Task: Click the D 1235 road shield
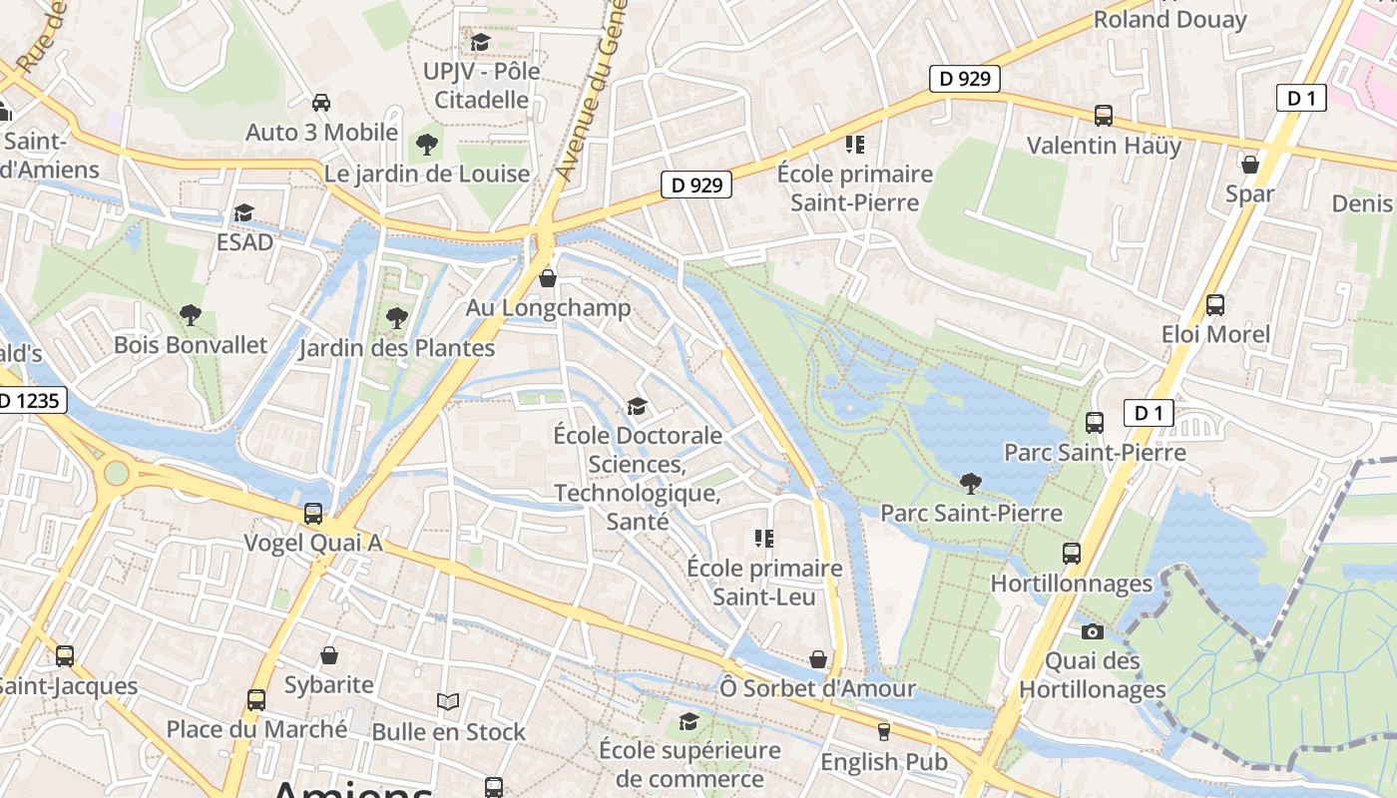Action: (30, 401)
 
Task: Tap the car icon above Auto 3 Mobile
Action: (321, 103)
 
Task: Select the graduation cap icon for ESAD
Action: (243, 212)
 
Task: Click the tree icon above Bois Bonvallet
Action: (191, 316)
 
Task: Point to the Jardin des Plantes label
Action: (397, 348)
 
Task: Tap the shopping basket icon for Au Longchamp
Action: (547, 278)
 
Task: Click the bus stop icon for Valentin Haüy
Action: (1104, 116)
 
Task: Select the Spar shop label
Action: (1249, 194)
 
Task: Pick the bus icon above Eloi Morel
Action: (1214, 305)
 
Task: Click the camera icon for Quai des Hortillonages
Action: (1093, 631)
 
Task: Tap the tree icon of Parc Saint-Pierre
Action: (970, 484)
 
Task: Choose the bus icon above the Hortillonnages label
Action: (1072, 554)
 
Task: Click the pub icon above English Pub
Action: (883, 732)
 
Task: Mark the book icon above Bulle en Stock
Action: (448, 702)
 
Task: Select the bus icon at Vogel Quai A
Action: (313, 514)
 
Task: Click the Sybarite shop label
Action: (328, 685)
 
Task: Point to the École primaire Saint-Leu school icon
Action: (764, 540)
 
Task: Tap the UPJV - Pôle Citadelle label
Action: (481, 85)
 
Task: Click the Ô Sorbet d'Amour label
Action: (817, 688)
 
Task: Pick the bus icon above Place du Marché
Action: (256, 700)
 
